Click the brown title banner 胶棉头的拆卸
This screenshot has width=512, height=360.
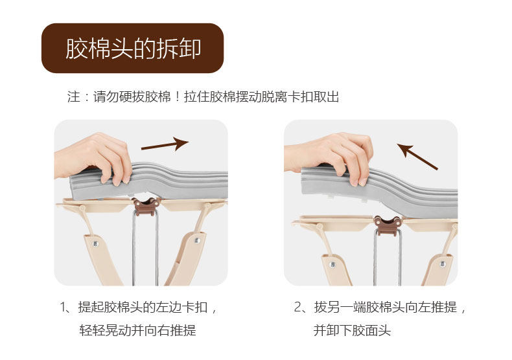click(133, 48)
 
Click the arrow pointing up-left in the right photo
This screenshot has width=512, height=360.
click(417, 157)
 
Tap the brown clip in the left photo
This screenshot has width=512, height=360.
click(146, 207)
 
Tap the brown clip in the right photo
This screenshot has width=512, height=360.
click(388, 225)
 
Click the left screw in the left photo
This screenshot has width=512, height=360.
click(95, 243)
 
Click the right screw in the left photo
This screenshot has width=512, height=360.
click(197, 240)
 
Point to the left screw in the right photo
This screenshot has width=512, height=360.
click(332, 264)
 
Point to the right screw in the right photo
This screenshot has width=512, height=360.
click(443, 264)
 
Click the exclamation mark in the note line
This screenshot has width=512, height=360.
click(177, 97)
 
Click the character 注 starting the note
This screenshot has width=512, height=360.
click(74, 97)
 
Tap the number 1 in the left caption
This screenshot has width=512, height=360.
click(63, 307)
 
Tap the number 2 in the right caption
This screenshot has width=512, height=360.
click(298, 307)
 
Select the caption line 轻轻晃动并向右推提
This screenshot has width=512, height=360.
click(138, 330)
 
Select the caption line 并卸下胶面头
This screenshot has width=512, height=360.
click(352, 330)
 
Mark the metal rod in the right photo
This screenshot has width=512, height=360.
click(388, 258)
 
